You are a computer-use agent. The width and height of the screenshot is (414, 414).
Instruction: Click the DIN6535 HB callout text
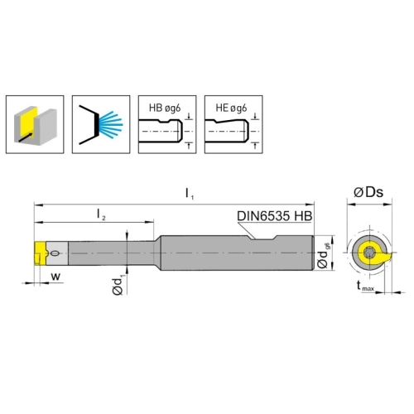coord(275,216)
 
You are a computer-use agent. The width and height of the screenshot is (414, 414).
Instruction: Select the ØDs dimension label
coord(368,192)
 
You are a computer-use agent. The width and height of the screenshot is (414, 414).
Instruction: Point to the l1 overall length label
coord(190,193)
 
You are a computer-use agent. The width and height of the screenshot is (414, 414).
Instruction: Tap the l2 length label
coord(101,214)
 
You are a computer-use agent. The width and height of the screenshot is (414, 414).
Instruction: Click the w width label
coord(55,277)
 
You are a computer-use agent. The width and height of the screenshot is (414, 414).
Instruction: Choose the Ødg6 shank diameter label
coord(323,255)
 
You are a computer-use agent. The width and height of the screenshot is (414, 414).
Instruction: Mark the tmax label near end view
coord(365,286)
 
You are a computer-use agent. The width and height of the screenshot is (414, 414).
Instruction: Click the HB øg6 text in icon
coord(165,108)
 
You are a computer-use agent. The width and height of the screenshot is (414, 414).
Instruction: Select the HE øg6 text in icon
coord(231,108)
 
